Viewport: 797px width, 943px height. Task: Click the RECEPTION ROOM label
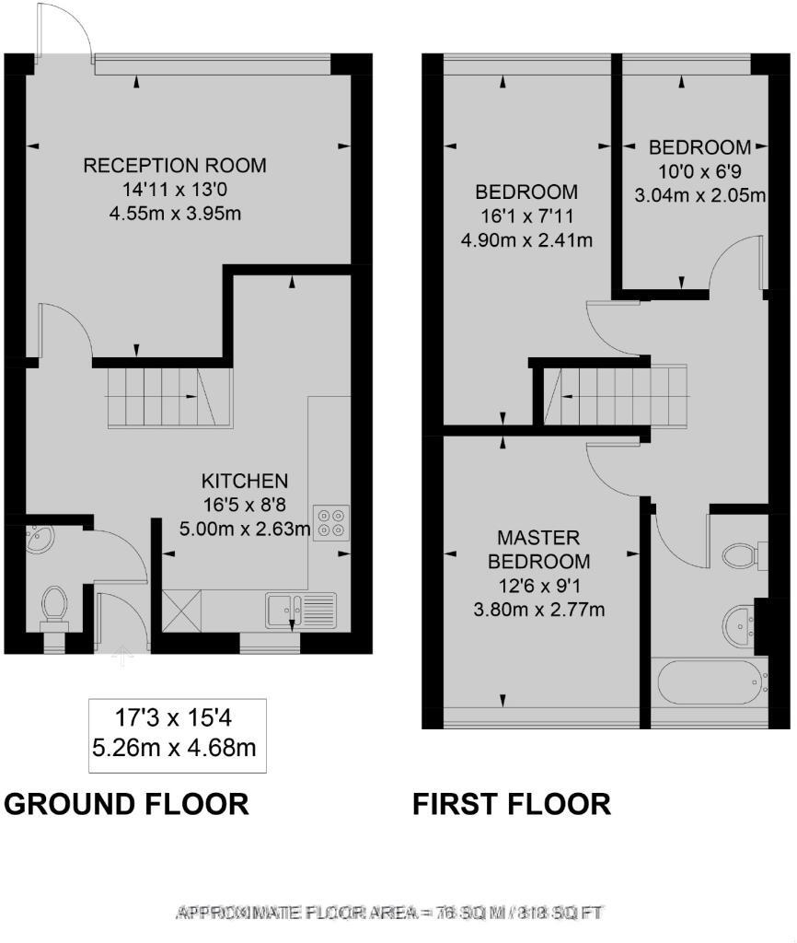click(175, 166)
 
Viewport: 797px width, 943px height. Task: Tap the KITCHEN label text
click(245, 481)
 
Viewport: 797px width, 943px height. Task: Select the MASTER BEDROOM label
click(538, 549)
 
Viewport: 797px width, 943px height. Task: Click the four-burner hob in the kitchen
click(329, 522)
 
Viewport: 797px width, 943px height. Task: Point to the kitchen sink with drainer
click(301, 608)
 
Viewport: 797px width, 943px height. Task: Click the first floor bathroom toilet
click(742, 555)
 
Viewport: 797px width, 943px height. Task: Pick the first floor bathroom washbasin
click(738, 623)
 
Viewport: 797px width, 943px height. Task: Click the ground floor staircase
click(162, 397)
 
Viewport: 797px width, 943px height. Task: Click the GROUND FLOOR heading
click(127, 804)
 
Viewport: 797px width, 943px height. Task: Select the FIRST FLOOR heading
click(511, 804)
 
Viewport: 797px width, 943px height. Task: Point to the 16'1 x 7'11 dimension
click(526, 216)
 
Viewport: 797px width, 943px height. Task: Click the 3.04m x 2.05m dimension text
click(699, 194)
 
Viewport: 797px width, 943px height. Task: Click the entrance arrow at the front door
click(122, 657)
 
